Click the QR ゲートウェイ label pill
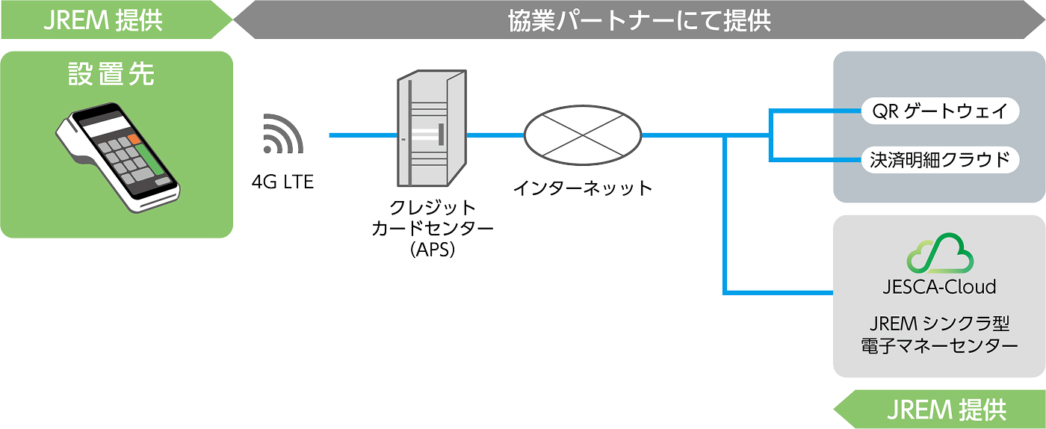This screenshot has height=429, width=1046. click(940, 111)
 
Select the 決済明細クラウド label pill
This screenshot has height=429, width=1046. click(940, 160)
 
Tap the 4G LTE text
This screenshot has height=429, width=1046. click(282, 182)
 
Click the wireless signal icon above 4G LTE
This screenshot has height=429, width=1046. click(283, 134)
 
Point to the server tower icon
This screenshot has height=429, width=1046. click(432, 128)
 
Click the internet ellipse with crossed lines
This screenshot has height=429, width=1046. click(583, 135)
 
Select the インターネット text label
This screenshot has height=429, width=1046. click(582, 188)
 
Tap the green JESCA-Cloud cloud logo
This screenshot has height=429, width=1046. click(940, 254)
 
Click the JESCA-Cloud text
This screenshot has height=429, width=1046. click(940, 286)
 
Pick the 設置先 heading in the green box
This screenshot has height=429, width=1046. click(111, 74)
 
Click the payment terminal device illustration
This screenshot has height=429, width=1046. click(118, 157)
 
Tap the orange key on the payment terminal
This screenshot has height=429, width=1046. click(134, 139)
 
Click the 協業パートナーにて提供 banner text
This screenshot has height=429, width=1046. click(640, 21)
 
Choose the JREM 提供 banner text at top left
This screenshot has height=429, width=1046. click(103, 21)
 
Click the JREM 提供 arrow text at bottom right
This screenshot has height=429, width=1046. click(947, 410)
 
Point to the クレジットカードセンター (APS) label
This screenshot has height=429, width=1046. click(433, 229)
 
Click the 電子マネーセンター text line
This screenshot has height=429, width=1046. click(940, 346)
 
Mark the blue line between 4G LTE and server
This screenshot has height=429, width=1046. click(363, 135)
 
